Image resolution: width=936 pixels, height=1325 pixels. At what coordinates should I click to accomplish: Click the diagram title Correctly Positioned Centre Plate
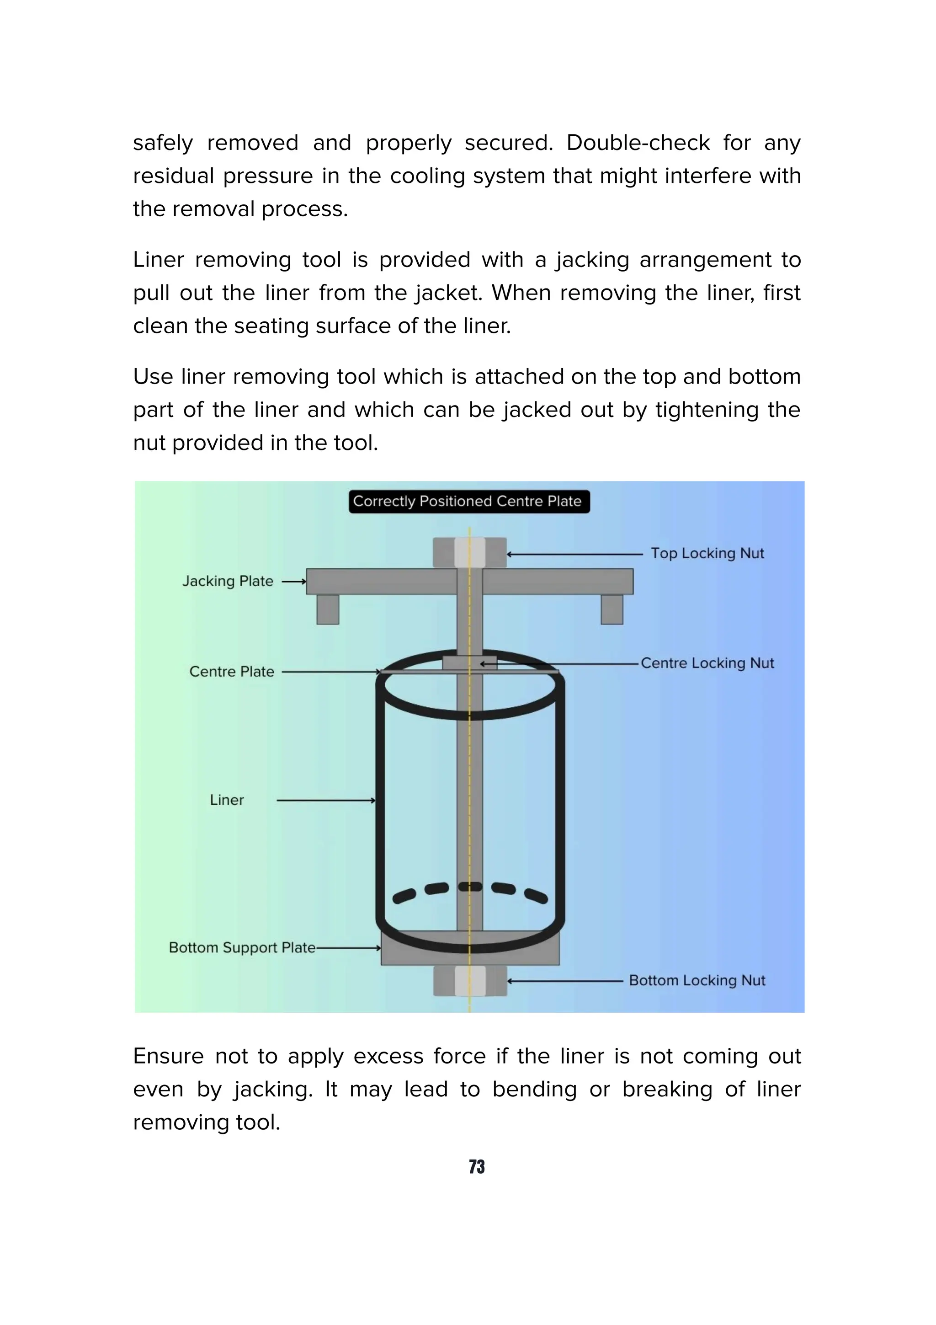[468, 501]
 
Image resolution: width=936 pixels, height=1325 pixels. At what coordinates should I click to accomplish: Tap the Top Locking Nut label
[707, 553]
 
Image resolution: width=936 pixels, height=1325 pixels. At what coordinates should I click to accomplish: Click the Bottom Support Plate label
[242, 948]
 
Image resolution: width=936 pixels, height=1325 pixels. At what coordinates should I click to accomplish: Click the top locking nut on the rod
[469, 552]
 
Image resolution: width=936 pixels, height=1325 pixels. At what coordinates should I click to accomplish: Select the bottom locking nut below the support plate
[469, 981]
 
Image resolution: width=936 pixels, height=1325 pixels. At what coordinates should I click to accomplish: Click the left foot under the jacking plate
[328, 609]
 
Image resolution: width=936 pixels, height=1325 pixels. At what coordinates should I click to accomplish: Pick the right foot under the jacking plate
[612, 609]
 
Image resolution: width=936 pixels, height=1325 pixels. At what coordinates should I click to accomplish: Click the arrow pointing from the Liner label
[326, 801]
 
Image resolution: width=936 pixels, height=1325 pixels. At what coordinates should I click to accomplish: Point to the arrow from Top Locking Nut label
[574, 554]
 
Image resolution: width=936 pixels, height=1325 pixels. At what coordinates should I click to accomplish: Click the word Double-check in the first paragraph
[637, 143]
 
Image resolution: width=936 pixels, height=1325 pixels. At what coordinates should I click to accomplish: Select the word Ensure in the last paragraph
[168, 1056]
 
